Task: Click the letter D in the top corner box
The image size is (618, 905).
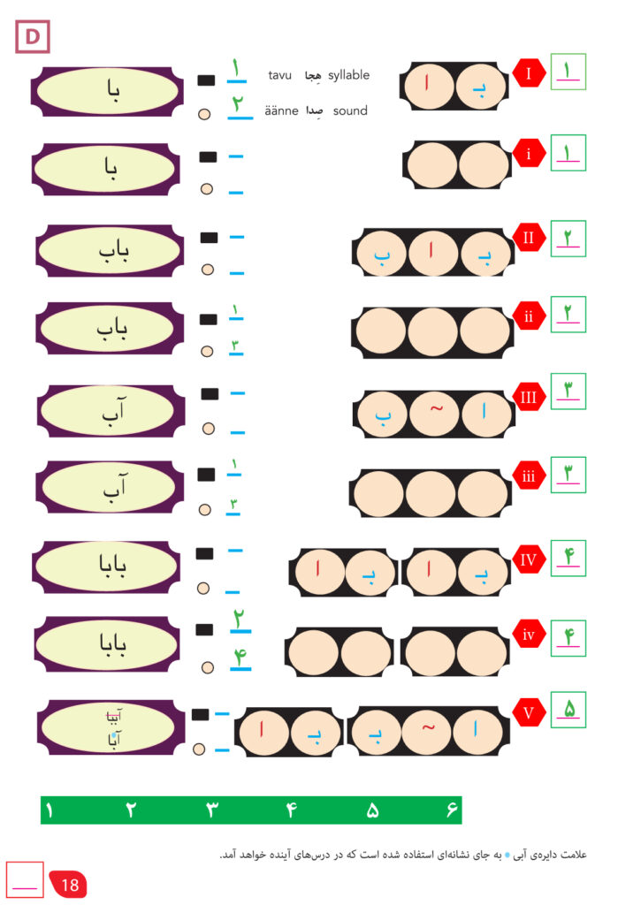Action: tap(33, 37)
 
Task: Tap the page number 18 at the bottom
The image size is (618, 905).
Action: tap(70, 883)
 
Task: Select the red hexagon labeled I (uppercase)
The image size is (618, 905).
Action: tap(529, 73)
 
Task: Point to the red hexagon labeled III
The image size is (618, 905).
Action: tap(529, 397)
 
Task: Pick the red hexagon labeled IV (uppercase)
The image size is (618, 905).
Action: tap(529, 559)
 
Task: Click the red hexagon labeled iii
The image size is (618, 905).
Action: tap(529, 477)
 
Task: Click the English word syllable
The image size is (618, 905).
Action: tap(348, 75)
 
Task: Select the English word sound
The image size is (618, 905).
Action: tap(350, 111)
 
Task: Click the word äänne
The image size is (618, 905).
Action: tap(281, 111)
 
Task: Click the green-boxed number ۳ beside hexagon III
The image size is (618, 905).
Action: tap(568, 392)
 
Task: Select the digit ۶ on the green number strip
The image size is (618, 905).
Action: tap(451, 810)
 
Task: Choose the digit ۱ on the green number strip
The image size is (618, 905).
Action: tap(49, 810)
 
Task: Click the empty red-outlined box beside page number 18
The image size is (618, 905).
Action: tap(25, 879)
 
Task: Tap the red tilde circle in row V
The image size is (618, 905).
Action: tap(429, 730)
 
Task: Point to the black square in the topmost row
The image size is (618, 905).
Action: tap(206, 80)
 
